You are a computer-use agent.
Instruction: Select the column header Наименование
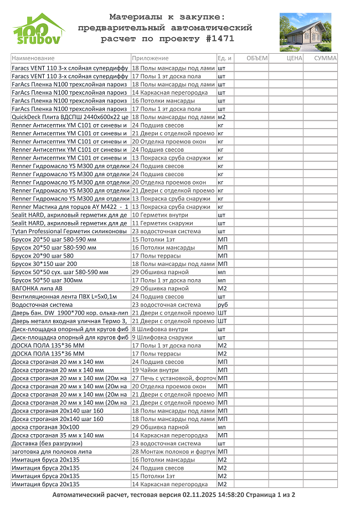pos(33,58)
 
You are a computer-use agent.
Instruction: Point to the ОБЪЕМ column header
pos(256,58)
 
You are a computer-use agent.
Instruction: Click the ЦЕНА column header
pos(295,58)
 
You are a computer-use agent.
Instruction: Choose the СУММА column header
pos(325,58)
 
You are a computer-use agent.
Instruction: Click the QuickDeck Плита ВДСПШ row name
pos(70,117)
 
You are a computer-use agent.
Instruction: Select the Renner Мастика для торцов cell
pos(70,207)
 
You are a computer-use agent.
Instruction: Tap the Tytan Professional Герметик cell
pos(70,231)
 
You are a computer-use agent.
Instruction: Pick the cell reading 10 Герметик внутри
pos(160,215)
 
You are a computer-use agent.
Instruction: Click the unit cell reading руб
pos(223,305)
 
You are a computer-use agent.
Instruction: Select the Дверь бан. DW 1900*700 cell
pos(70,312)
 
